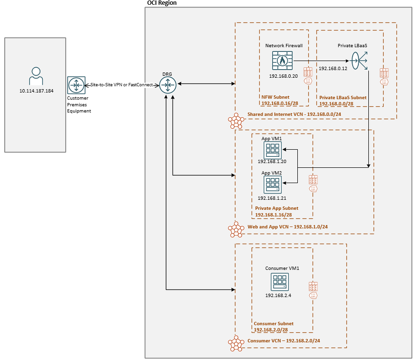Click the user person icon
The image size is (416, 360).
coord(36,76)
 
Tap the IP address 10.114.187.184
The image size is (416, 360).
coord(36,91)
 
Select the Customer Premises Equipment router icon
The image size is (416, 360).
coord(76,85)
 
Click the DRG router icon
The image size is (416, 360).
coord(168,85)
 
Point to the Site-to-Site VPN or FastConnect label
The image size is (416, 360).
coord(122,85)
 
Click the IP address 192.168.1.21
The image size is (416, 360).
coord(272,198)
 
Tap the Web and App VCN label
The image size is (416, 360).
coord(287,227)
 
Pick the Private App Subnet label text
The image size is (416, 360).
coord(277,208)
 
